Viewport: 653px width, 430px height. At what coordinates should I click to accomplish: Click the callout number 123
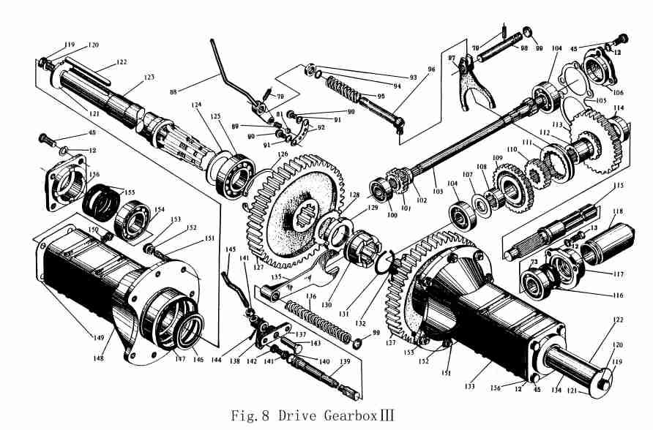[149, 77]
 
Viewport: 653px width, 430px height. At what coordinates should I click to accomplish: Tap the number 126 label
[283, 154]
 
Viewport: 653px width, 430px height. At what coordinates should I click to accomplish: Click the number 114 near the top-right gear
[619, 108]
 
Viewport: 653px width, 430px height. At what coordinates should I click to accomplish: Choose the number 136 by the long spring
[311, 296]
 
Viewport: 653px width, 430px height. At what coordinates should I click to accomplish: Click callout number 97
[452, 59]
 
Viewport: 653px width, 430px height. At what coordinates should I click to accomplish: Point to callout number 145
[231, 249]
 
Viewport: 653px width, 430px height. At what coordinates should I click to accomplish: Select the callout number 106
[619, 92]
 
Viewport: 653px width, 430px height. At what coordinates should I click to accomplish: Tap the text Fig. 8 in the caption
[249, 417]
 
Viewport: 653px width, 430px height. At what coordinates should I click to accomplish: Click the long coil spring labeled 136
[307, 315]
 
